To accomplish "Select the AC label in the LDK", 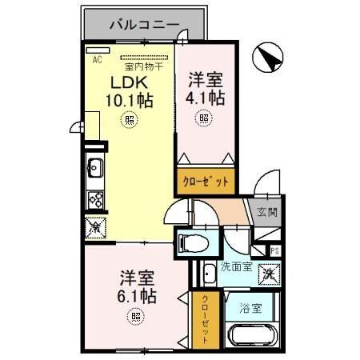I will (98, 60).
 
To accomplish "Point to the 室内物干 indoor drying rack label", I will (145, 67).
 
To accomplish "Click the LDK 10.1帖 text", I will (128, 92).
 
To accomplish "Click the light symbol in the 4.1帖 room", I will (205, 118).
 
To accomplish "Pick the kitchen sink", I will (94, 170).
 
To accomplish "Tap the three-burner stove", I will (94, 199).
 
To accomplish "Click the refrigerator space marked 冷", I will (94, 228).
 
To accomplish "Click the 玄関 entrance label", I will (267, 212).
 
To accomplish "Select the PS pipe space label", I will (274, 251).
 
